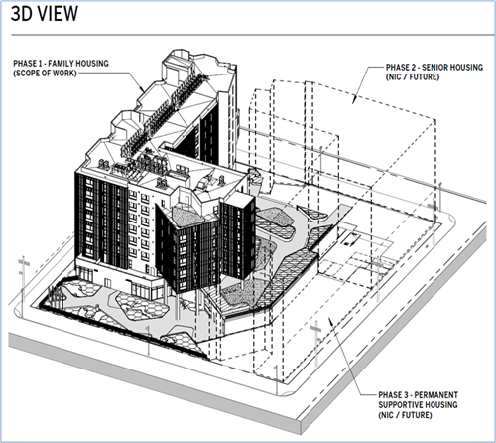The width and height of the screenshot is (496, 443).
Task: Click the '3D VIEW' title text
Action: (x=45, y=14)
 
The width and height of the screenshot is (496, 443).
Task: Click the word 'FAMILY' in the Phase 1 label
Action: (x=62, y=64)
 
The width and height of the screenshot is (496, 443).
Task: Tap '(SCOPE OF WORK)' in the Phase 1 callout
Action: (x=45, y=73)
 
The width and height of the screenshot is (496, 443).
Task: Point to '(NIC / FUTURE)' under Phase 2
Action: (x=413, y=76)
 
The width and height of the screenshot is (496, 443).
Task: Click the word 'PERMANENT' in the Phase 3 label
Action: (x=436, y=395)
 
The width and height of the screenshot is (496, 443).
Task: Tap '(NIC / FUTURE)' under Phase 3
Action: (x=405, y=415)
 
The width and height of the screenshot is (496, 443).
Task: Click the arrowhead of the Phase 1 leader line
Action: (x=142, y=89)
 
